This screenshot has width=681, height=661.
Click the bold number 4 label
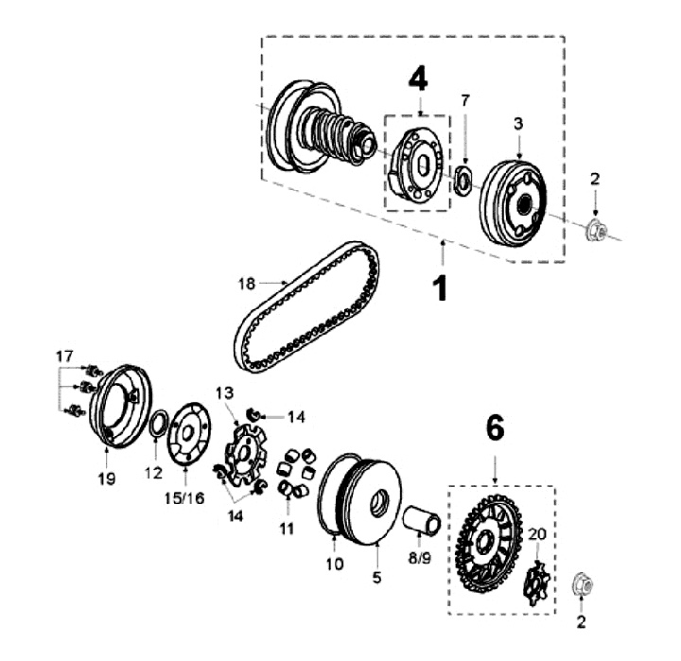[x=418, y=79]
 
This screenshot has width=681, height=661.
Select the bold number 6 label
[x=494, y=429]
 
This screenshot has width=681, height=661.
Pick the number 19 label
[x=106, y=479]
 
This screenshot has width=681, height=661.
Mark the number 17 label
[x=63, y=357]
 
